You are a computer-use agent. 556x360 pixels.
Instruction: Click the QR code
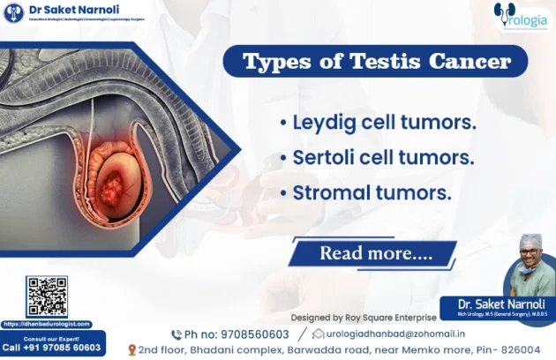(x=47, y=296)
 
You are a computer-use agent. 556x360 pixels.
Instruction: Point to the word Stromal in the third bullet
(x=329, y=191)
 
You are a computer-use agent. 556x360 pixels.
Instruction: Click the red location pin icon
(x=131, y=350)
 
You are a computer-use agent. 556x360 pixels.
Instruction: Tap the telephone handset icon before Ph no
(x=176, y=334)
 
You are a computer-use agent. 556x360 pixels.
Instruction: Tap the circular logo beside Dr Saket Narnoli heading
(x=13, y=12)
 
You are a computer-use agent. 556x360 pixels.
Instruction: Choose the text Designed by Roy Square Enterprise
(x=364, y=317)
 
